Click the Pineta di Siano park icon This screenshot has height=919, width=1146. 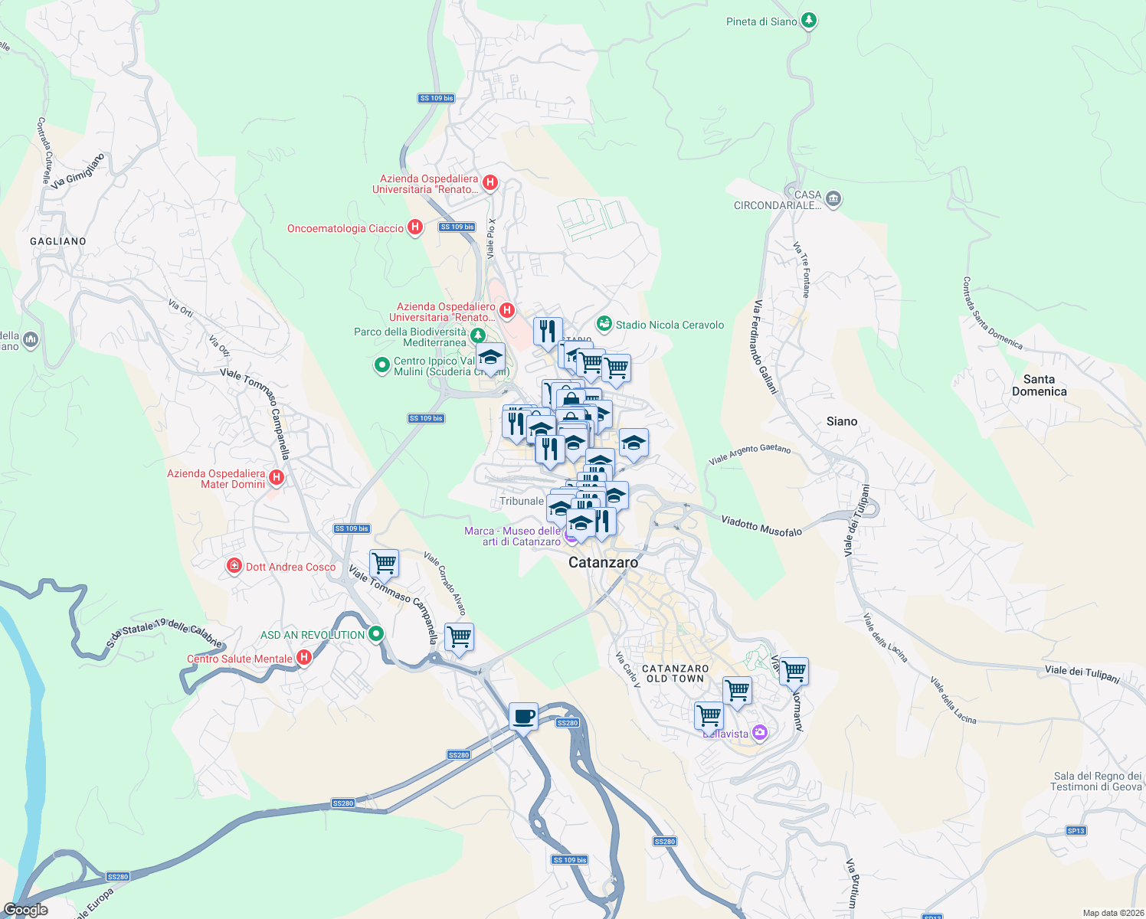808,21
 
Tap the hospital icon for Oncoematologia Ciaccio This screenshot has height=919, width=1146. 414,227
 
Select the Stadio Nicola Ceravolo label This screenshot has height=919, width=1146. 670,325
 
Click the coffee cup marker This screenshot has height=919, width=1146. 524,717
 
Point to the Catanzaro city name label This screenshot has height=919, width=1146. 603,562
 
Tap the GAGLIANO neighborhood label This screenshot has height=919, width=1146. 58,241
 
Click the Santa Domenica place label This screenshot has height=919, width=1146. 1039,385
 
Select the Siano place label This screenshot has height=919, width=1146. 842,421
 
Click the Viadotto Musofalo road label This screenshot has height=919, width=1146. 761,525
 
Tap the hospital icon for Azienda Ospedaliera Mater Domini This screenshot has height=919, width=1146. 277,479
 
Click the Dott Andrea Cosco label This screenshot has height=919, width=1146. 290,567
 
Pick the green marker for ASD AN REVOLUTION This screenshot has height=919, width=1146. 375,634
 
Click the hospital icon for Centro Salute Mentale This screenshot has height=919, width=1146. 304,658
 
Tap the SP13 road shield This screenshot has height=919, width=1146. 1076,830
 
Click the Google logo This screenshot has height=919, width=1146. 26,910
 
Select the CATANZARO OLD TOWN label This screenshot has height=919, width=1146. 675,673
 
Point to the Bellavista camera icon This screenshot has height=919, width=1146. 759,733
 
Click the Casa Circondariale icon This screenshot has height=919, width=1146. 833,199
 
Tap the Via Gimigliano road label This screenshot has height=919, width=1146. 77,171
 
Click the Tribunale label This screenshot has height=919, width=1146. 522,501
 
